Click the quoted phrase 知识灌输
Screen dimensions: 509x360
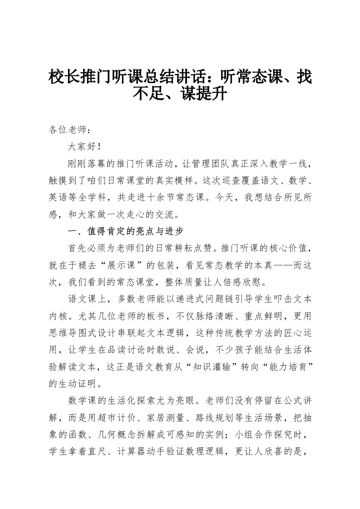pos(231,366)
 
